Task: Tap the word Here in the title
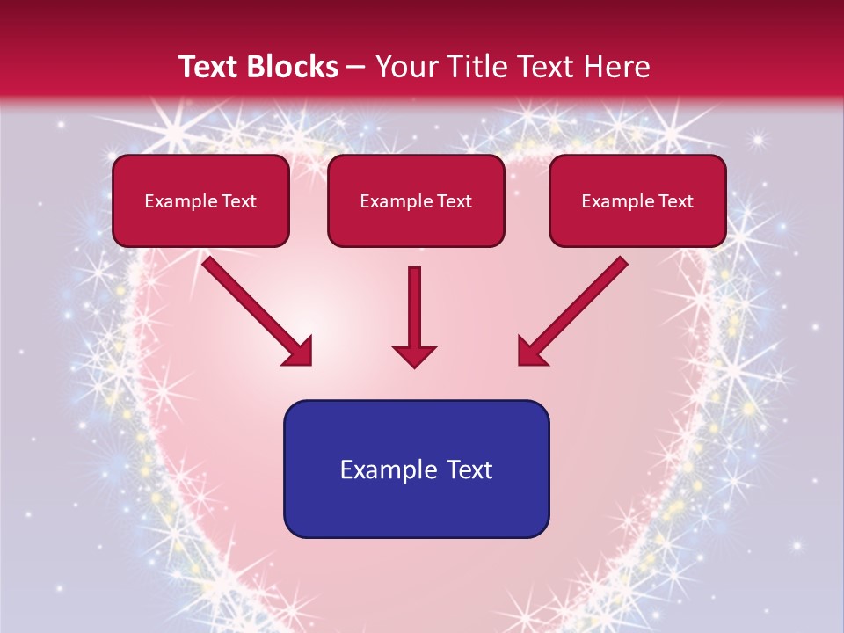615,67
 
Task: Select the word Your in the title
402,67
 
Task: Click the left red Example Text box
200,201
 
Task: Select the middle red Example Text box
416,201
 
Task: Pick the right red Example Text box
637,201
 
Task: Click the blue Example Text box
416,469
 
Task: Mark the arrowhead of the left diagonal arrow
299,351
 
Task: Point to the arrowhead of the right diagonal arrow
531,351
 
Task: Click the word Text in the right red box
675,201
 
